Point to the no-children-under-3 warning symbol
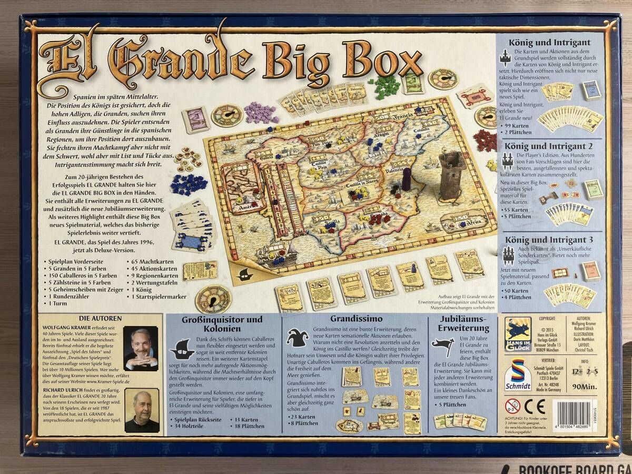(512, 406)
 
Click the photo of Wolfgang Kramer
(141, 348)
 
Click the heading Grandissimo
(353, 319)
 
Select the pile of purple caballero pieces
(260, 112)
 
